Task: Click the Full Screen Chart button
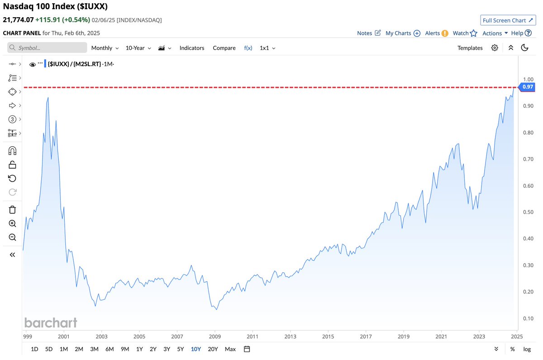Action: (507, 20)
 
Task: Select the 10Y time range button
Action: (196, 349)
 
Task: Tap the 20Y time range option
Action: (213, 349)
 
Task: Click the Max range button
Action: (230, 349)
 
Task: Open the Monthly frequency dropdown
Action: (105, 48)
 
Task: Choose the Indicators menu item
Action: (192, 48)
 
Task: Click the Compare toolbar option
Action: (224, 48)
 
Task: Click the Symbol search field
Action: (48, 48)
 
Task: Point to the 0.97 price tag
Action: (528, 87)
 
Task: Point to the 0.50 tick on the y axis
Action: (528, 212)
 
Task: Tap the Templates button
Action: (470, 48)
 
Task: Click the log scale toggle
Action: (527, 349)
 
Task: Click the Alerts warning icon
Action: (445, 33)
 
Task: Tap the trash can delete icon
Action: (12, 209)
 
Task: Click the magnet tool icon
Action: (12, 151)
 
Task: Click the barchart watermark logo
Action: (51, 322)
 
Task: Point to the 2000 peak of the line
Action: (48, 97)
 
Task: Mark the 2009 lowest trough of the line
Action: (216, 310)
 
